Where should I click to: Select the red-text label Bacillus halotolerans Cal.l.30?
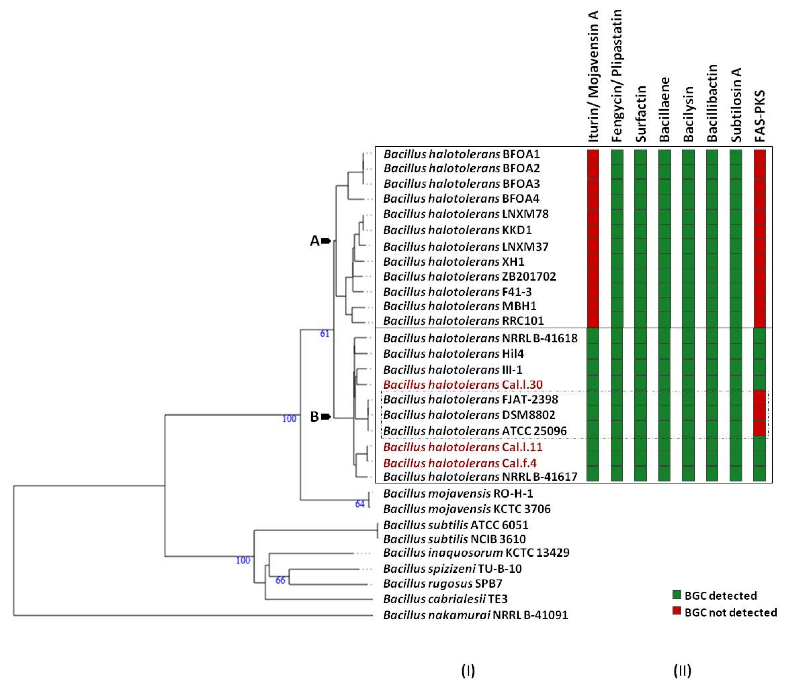click(463, 384)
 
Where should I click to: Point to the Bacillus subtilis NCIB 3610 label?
click(454, 539)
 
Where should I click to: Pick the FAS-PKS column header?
click(760, 116)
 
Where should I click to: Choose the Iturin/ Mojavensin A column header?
click(593, 77)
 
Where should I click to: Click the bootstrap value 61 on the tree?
click(324, 334)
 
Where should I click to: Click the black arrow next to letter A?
click(326, 241)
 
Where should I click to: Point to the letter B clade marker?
click(314, 417)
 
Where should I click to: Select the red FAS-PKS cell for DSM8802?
click(760, 415)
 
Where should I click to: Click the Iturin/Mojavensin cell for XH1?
click(593, 261)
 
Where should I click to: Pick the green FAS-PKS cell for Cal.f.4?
click(760, 463)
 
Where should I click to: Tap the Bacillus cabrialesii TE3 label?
click(445, 599)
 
